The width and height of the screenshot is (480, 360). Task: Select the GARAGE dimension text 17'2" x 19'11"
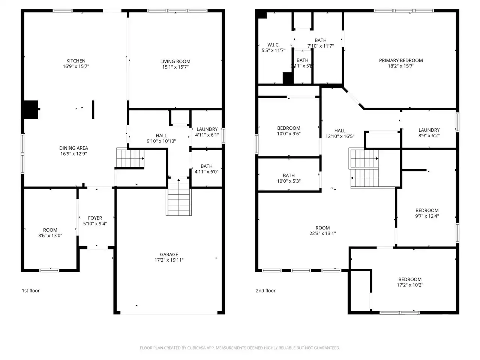click(169, 260)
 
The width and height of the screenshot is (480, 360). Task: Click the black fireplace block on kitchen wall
click(31, 109)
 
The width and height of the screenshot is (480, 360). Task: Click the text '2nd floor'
click(265, 291)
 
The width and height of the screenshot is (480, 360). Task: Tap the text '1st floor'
click(30, 291)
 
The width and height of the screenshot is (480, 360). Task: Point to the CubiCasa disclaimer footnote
click(240, 348)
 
